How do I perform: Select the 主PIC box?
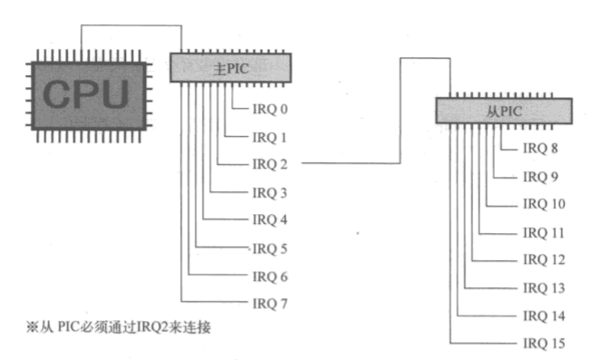(231, 68)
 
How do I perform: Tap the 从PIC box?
(503, 111)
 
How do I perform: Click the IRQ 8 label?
(541, 149)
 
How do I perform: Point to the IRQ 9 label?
(541, 177)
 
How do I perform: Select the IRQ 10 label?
(544, 204)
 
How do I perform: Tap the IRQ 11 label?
(544, 233)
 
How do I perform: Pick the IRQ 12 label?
(544, 260)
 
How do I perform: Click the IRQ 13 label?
(544, 287)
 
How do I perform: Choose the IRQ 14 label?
(544, 316)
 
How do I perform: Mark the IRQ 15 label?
(544, 344)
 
